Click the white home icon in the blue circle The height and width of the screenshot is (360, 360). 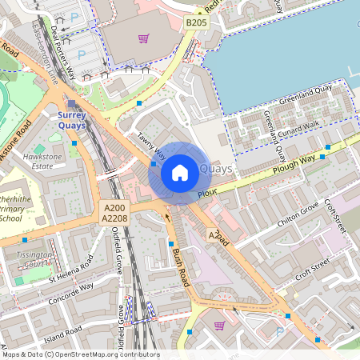[180, 172]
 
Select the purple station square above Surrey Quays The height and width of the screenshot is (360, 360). [73, 104]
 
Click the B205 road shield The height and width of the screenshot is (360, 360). [196, 23]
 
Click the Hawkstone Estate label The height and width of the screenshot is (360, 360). [42, 162]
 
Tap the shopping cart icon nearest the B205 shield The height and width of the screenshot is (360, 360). [143, 38]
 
